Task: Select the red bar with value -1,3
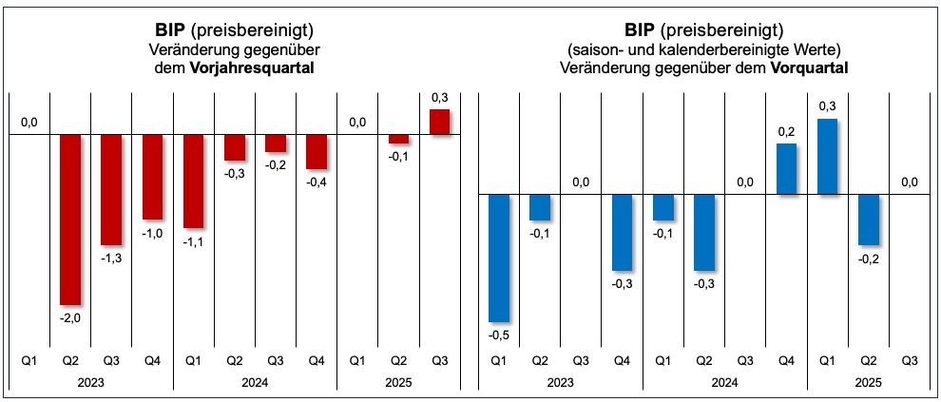(x=112, y=189)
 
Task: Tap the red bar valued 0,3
(x=439, y=123)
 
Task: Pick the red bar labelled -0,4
(x=317, y=151)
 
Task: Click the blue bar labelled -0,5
(x=498, y=258)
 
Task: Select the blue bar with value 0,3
(x=828, y=157)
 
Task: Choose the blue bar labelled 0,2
(x=787, y=169)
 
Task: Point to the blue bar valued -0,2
(x=869, y=220)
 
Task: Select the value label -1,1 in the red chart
(x=194, y=241)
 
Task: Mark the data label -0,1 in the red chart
(x=398, y=157)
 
